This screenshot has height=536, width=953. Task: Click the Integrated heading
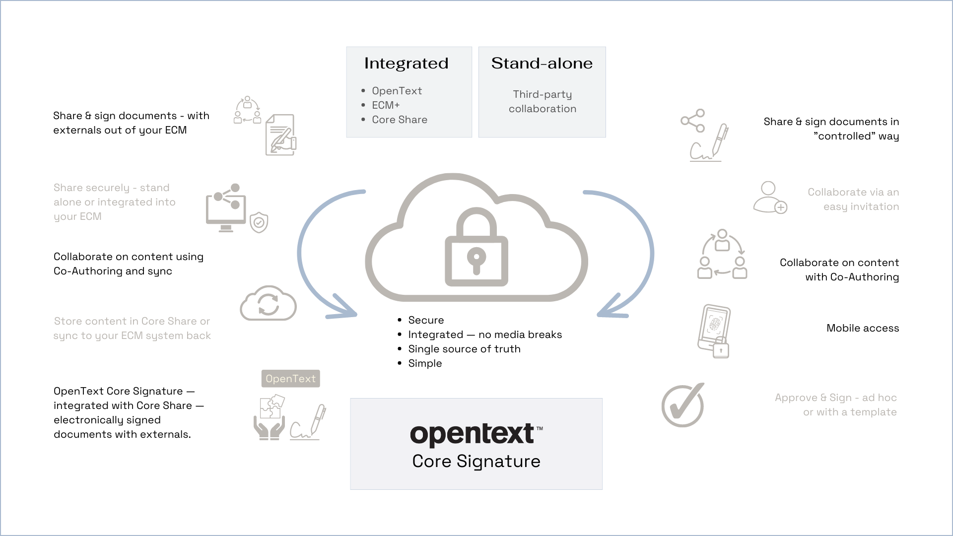pyautogui.click(x=406, y=64)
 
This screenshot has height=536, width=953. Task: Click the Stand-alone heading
pyautogui.click(x=542, y=64)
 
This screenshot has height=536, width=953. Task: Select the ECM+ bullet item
pyautogui.click(x=386, y=105)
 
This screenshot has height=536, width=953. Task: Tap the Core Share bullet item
pyautogui.click(x=399, y=120)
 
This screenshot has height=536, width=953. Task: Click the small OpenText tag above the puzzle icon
pyautogui.click(x=290, y=379)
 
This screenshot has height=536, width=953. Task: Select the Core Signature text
pyautogui.click(x=476, y=462)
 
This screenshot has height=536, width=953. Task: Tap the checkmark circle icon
pyautogui.click(x=683, y=405)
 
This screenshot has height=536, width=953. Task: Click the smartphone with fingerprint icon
pyautogui.click(x=714, y=330)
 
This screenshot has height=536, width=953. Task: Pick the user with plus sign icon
pyautogui.click(x=770, y=198)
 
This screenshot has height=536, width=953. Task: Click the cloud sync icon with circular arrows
pyautogui.click(x=268, y=304)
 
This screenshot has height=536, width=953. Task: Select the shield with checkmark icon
pyautogui.click(x=259, y=223)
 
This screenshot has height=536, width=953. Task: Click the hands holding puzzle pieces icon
pyautogui.click(x=270, y=417)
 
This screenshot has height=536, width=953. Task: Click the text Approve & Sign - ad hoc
pyautogui.click(x=836, y=398)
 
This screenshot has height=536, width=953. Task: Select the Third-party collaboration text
pyautogui.click(x=542, y=102)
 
